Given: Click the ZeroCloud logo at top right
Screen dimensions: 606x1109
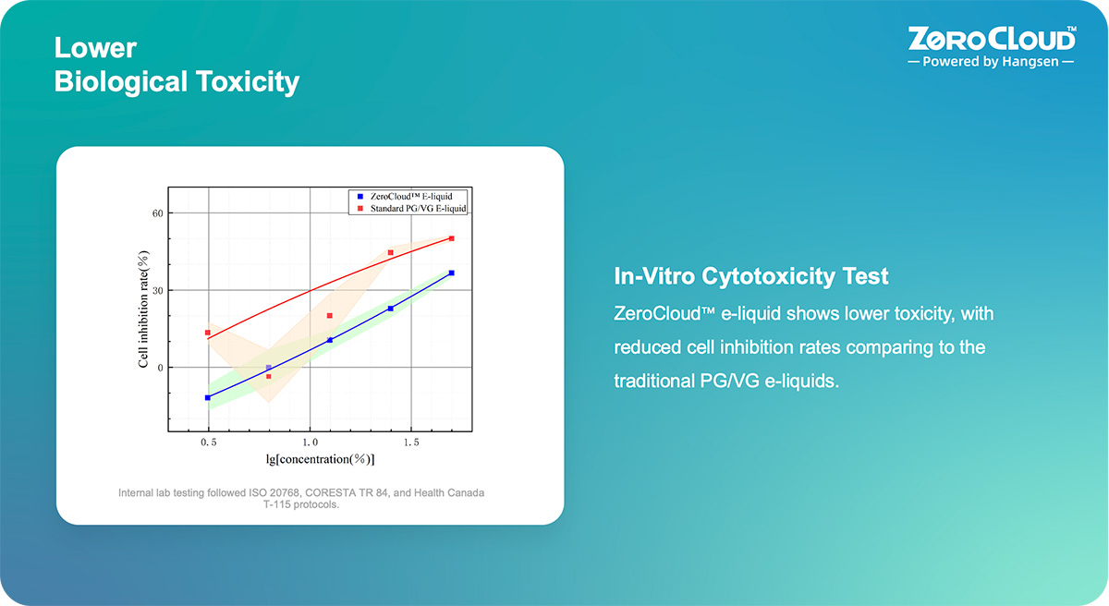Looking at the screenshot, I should point(992,39).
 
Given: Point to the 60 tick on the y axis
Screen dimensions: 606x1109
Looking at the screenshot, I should point(156,213).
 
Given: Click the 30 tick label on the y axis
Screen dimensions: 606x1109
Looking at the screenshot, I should point(156,290).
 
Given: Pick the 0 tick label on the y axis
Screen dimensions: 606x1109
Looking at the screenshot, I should point(159,368).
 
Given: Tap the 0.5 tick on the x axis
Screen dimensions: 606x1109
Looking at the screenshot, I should point(209,442).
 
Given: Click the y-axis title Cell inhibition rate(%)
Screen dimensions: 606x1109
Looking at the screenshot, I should point(144,309).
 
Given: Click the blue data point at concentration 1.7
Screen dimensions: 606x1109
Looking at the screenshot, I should point(451,273).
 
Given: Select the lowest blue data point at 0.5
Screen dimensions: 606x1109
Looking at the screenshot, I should point(208,397).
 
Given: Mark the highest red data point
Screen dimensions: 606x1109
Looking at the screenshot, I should point(451,238).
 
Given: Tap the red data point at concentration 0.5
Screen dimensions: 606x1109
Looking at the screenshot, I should point(208,333).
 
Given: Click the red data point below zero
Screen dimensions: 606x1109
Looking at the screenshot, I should point(269,376).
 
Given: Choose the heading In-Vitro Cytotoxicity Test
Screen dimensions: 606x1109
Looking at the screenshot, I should point(751,276).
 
